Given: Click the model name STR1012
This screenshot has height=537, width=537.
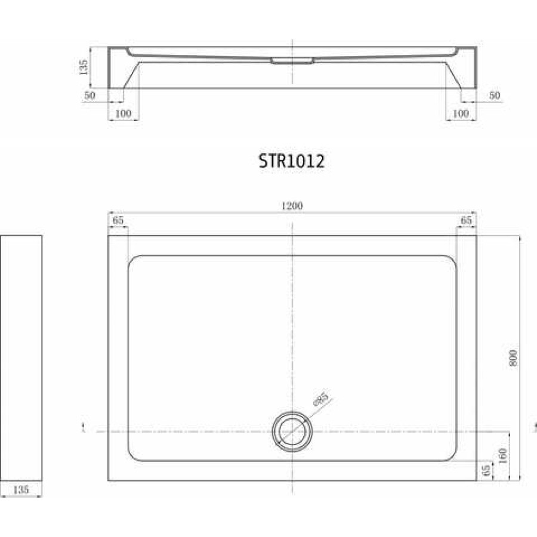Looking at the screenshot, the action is point(291,161).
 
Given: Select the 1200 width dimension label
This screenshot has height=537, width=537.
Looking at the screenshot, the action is point(292,206).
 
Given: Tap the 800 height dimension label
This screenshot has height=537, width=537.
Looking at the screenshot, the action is point(513,358).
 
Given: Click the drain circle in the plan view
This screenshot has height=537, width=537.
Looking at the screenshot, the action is point(292,431).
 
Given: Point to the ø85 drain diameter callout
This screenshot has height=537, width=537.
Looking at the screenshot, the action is point(321,399).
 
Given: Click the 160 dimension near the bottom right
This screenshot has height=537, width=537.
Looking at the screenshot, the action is point(502,456).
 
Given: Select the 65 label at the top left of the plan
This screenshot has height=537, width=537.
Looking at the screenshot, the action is point(118,220).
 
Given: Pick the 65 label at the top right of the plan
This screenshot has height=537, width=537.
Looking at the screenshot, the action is point(466,220).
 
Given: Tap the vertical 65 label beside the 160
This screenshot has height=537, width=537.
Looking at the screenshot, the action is point(486,470).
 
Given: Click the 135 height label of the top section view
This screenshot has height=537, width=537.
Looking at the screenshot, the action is point(83,67).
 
